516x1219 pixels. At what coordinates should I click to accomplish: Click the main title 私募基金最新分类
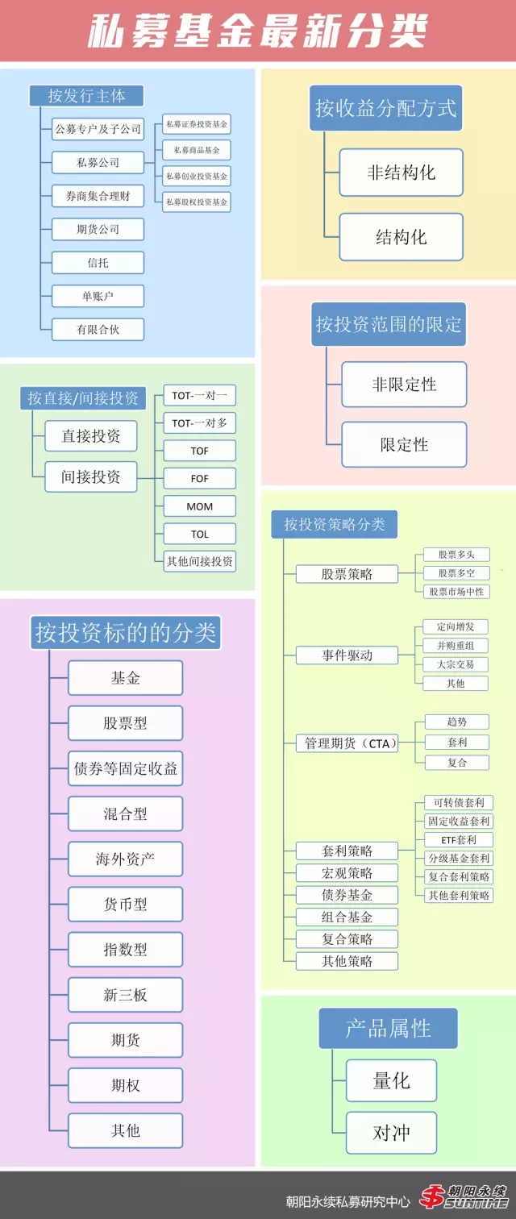(257, 32)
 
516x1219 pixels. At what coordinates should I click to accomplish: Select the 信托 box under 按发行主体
(98, 262)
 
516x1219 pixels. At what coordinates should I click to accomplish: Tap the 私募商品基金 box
(197, 150)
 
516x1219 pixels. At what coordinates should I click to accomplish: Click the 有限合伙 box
(98, 329)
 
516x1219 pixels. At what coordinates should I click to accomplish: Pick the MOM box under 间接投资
(199, 506)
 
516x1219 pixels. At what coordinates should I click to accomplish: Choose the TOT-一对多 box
(199, 422)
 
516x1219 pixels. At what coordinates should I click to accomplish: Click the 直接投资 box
(91, 436)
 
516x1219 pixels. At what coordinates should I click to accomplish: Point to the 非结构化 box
(401, 173)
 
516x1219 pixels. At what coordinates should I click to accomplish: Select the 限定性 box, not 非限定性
(404, 444)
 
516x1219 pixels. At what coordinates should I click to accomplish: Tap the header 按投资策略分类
(334, 524)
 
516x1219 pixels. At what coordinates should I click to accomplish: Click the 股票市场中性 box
(456, 592)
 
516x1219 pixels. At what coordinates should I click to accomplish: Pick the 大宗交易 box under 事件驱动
(456, 664)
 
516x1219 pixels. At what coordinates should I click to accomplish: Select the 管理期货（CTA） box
(347, 743)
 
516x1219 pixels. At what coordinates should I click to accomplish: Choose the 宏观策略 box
(347, 872)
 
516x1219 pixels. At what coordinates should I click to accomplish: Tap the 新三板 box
(125, 995)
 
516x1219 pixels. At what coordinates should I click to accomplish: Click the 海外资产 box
(125, 859)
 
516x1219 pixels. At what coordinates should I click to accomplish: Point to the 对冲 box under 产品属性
(391, 1133)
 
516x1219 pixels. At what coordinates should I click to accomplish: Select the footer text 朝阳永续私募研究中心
(347, 1200)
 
